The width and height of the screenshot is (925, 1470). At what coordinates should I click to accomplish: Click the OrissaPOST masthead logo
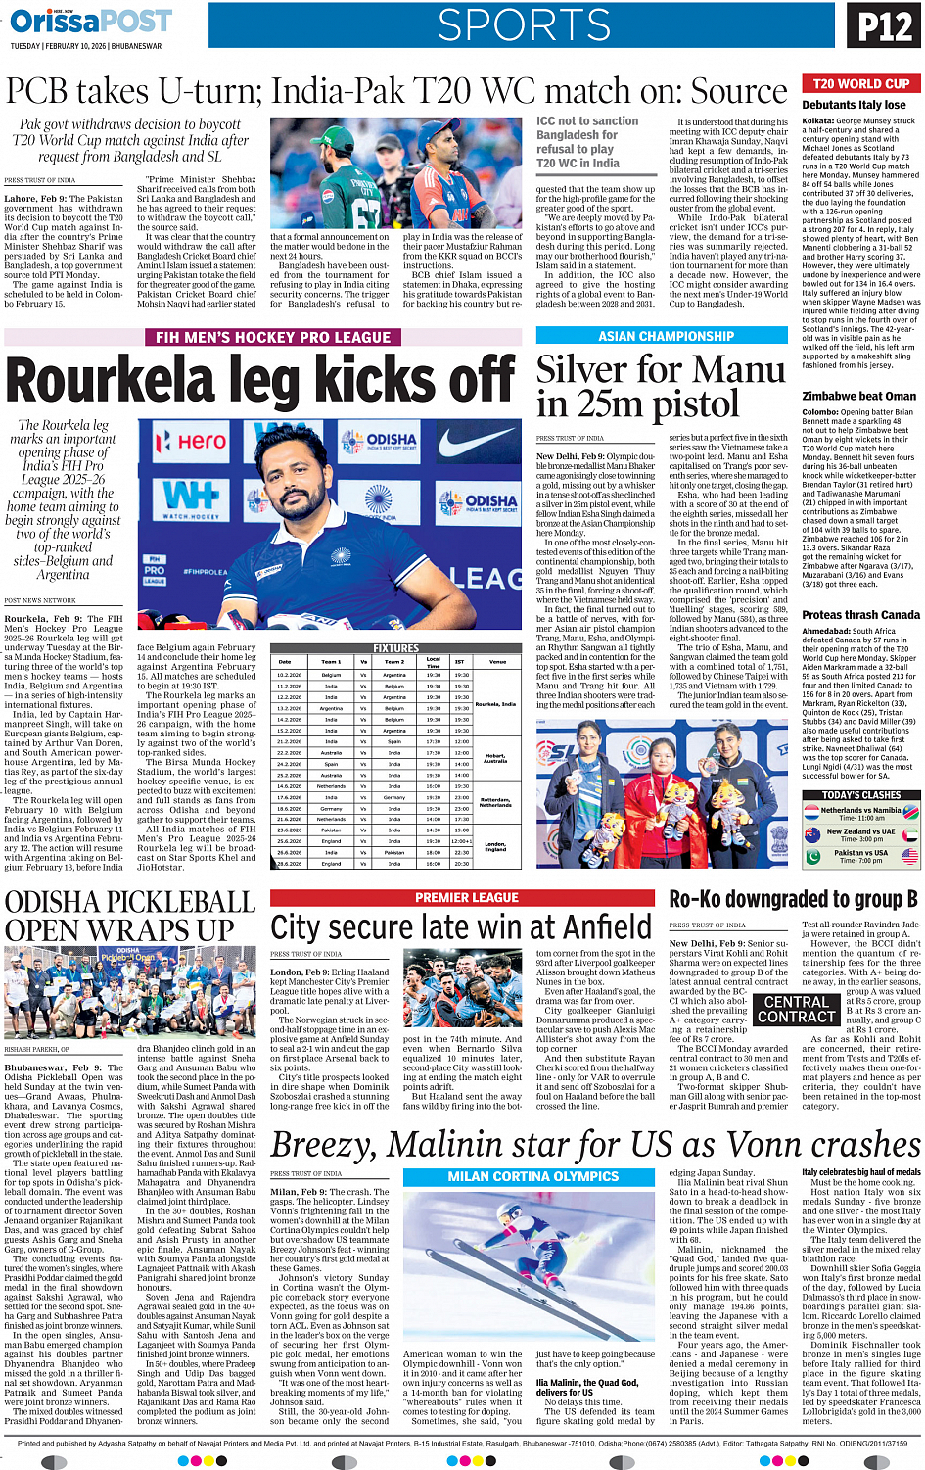[91, 21]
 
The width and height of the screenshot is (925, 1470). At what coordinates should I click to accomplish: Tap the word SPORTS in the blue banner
[524, 26]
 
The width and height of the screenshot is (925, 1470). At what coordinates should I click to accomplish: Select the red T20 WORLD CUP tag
[860, 84]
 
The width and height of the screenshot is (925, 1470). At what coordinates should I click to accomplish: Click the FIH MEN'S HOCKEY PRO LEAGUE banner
[272, 337]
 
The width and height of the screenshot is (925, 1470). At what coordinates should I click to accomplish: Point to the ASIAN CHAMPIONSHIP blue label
[666, 336]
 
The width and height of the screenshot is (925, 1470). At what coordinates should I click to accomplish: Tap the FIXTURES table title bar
[395, 648]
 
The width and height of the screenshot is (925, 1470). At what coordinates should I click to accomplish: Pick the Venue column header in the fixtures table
[497, 662]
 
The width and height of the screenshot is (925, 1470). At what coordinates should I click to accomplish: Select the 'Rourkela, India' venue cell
[495, 703]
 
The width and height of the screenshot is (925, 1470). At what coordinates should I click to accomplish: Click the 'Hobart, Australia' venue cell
[495, 758]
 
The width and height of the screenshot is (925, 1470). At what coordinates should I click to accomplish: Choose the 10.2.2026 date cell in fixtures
[289, 675]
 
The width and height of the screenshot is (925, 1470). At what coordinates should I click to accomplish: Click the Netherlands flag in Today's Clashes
[810, 812]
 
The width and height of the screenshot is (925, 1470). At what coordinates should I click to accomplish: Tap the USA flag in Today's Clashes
[910, 855]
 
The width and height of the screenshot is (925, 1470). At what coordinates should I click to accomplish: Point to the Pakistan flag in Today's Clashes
[810, 855]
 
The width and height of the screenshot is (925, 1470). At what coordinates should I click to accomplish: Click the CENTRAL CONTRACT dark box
[796, 1010]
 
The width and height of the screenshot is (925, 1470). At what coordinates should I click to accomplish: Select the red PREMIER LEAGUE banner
[467, 897]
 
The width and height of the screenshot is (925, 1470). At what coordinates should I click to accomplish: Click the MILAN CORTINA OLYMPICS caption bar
[532, 1176]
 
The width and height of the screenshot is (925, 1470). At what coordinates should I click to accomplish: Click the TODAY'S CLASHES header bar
[860, 795]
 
